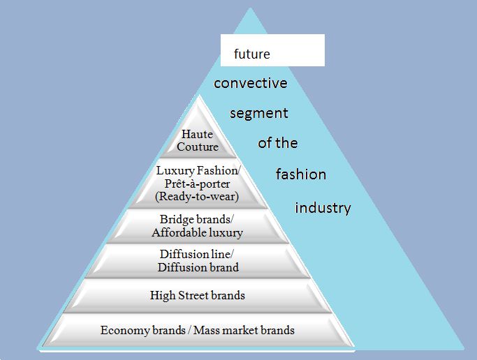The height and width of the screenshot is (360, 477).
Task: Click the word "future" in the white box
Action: point(251,54)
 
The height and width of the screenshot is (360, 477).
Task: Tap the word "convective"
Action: point(250,83)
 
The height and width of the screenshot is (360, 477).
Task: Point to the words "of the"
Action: point(277,143)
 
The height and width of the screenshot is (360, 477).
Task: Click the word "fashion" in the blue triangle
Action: point(300,174)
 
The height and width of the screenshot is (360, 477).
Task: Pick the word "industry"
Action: point(322,208)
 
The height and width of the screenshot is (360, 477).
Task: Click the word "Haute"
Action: point(197,135)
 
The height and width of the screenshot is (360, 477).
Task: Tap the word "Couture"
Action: point(197,147)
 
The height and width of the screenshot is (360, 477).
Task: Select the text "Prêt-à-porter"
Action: point(197,183)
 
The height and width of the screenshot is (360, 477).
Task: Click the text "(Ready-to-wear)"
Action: point(197,196)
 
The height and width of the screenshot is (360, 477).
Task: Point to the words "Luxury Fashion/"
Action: point(197,171)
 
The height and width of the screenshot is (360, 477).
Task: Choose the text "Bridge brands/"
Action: point(197,220)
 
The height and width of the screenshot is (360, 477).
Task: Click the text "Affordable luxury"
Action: point(197,232)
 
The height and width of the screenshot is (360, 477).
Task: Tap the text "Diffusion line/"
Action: point(197,255)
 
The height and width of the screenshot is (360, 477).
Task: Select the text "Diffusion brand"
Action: point(198,267)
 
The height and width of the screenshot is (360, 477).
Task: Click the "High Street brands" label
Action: point(197,295)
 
